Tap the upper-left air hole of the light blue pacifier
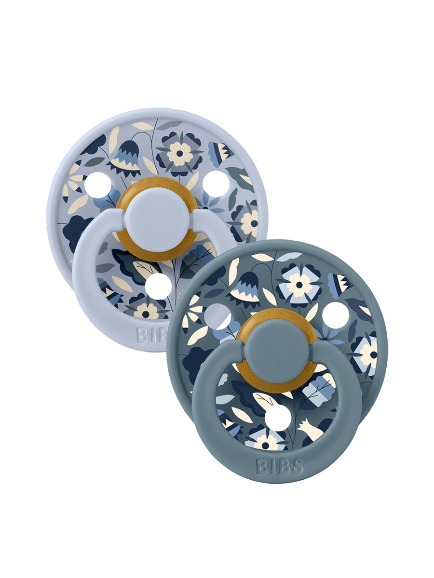pos(98,185)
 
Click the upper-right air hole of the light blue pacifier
pos(216,184)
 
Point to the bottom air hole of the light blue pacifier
pos(158,286)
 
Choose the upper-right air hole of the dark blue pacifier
pos(336,315)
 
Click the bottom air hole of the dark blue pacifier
pos(278,418)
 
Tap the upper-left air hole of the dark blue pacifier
pos(217,316)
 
